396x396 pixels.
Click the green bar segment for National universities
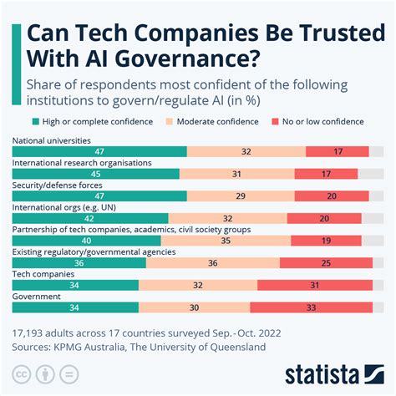(99, 151)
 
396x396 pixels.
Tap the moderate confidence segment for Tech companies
(198, 285)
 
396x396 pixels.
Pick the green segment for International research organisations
(96, 174)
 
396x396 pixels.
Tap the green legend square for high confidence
(34, 122)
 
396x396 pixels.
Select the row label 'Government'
(36, 296)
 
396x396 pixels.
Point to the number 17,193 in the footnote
(32, 330)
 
